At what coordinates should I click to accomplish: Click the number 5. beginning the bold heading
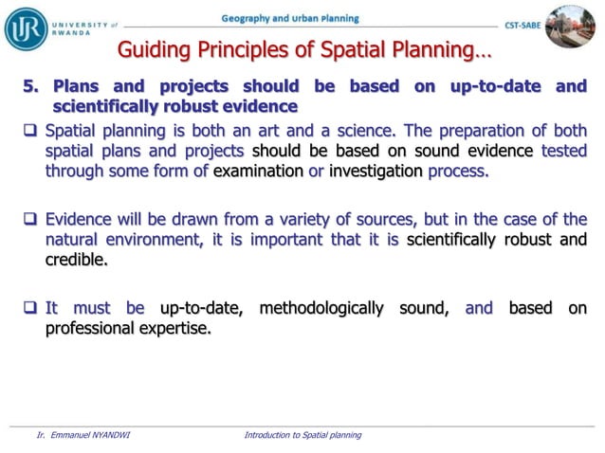click(33, 87)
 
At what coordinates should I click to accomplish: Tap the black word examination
click(259, 172)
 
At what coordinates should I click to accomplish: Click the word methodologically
click(321, 308)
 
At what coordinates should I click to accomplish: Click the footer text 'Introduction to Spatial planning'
click(302, 435)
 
